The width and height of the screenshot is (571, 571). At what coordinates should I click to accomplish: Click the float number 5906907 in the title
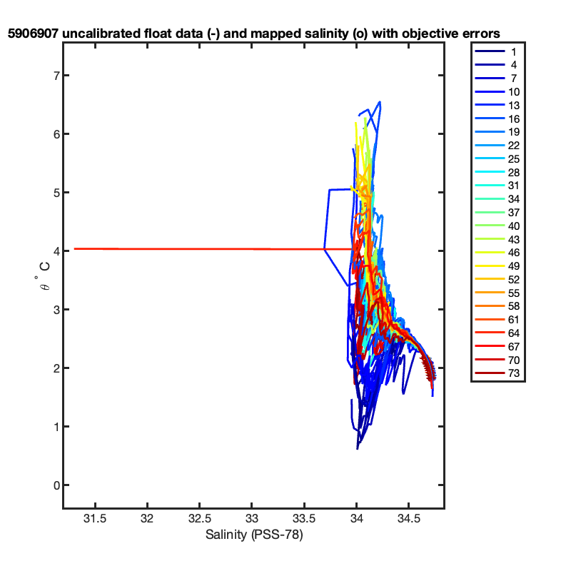(33, 34)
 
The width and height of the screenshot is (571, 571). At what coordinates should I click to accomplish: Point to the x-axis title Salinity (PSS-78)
(254, 535)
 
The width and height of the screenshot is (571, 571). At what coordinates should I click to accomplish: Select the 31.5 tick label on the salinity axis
(95, 518)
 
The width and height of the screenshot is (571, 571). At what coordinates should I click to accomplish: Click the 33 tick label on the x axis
(252, 518)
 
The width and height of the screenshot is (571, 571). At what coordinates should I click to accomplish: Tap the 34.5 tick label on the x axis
(408, 518)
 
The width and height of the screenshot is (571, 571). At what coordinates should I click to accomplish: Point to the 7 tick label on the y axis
(56, 76)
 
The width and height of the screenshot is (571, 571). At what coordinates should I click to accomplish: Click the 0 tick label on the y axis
(56, 485)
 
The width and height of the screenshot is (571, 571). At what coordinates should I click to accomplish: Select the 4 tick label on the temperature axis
(56, 251)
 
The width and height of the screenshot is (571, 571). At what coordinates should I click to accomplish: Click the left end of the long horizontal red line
(75, 248)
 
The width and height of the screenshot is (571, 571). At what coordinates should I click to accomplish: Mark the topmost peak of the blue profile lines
(380, 102)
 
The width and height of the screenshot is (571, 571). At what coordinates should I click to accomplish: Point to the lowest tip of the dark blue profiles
(358, 449)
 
